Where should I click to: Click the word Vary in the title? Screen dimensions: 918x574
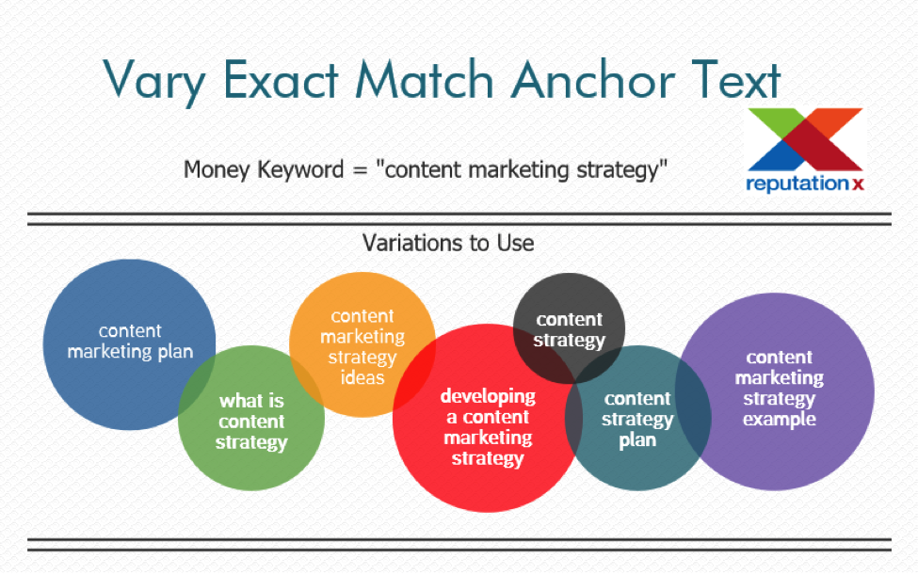pyautogui.click(x=154, y=81)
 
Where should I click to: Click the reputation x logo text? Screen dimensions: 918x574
pyautogui.click(x=805, y=183)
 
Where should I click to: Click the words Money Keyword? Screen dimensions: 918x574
pyautogui.click(x=264, y=169)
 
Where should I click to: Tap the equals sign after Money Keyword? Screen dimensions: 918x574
pyautogui.click(x=360, y=171)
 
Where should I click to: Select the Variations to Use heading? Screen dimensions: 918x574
pyautogui.click(x=448, y=243)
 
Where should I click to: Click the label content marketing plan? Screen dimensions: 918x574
pyautogui.click(x=130, y=342)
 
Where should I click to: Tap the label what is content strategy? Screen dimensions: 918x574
pyautogui.click(x=251, y=422)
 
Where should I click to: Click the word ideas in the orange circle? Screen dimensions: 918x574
pyautogui.click(x=362, y=377)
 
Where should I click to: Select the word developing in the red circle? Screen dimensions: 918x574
pyautogui.click(x=488, y=397)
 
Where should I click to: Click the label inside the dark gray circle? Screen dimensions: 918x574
pyautogui.click(x=569, y=330)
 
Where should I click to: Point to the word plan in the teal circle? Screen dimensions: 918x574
pyautogui.click(x=637, y=440)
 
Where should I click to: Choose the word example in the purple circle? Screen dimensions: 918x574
pyautogui.click(x=780, y=419)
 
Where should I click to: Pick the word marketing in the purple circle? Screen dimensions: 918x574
pyautogui.click(x=780, y=378)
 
